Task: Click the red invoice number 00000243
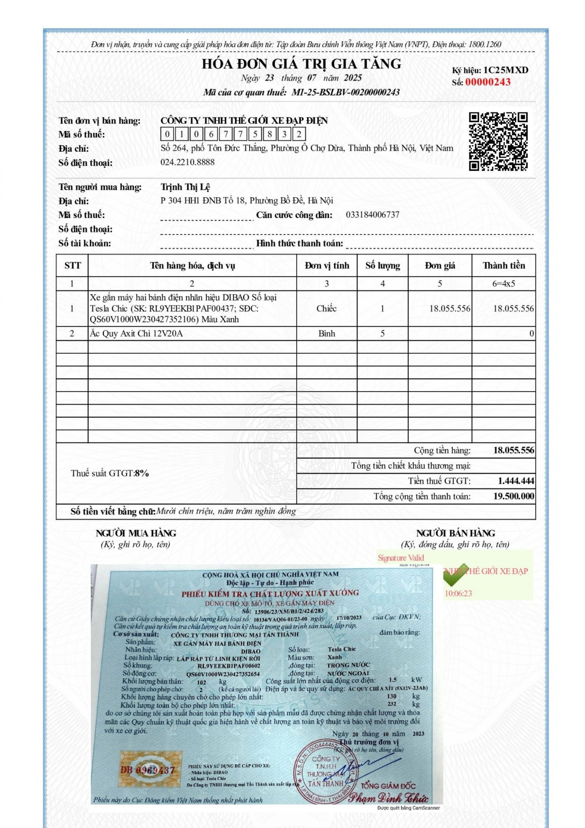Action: pyautogui.click(x=487, y=82)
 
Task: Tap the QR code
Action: pyautogui.click(x=498, y=142)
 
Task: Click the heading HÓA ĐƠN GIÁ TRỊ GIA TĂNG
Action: pyautogui.click(x=301, y=64)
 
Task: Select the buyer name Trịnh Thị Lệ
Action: pyautogui.click(x=185, y=187)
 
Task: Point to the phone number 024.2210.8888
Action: pyautogui.click(x=187, y=162)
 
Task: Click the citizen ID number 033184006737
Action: pyautogui.click(x=372, y=215)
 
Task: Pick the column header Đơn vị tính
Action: pyautogui.click(x=327, y=266)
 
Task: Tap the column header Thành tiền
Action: pyautogui.click(x=503, y=266)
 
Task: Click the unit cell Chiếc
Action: pyautogui.click(x=326, y=308)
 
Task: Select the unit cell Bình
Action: pyautogui.click(x=326, y=334)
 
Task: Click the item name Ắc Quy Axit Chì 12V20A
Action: pyautogui.click(x=136, y=334)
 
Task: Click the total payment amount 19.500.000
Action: pyautogui.click(x=513, y=496)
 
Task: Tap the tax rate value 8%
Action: pyautogui.click(x=141, y=473)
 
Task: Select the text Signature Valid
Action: pyautogui.click(x=401, y=558)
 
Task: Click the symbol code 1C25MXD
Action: pyautogui.click(x=506, y=70)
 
